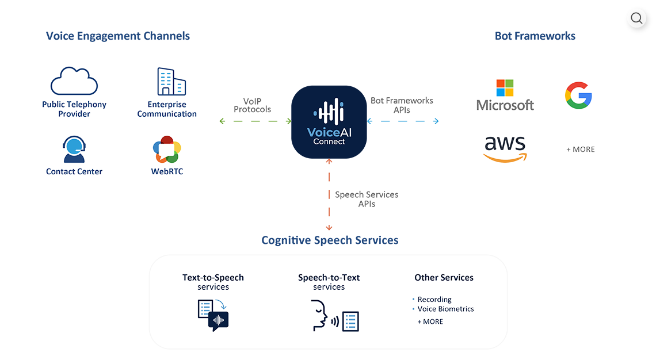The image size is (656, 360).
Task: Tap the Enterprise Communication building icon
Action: point(171,82)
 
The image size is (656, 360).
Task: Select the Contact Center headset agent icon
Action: point(74,150)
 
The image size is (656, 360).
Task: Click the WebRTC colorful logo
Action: point(167,150)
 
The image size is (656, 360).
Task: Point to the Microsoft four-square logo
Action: point(505,88)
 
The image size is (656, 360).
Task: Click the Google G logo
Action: point(578,95)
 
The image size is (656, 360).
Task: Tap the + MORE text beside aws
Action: point(580,149)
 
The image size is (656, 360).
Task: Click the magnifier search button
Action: point(636,18)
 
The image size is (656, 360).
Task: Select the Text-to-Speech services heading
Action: point(213,282)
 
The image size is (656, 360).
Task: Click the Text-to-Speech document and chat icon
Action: point(213,315)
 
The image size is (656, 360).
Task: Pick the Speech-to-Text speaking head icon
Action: point(320,315)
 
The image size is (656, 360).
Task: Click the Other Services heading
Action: point(444,277)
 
